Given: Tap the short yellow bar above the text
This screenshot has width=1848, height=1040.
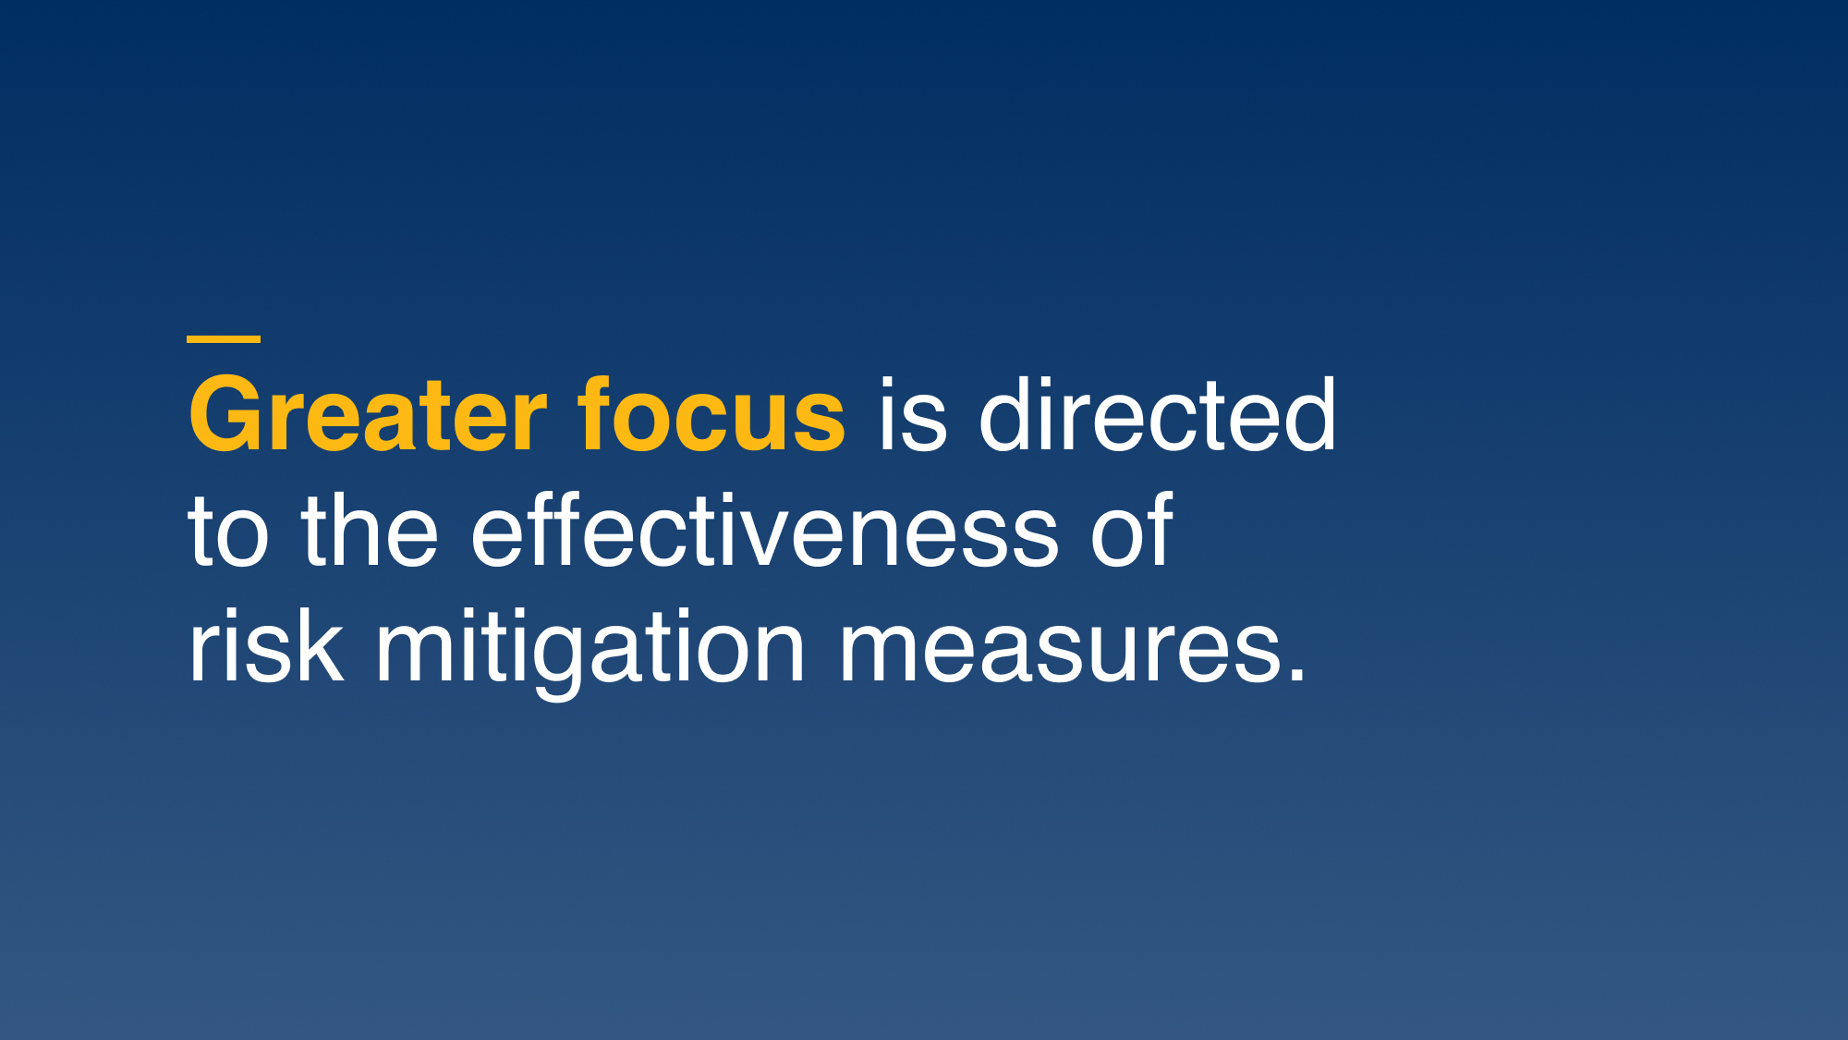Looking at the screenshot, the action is [224, 339].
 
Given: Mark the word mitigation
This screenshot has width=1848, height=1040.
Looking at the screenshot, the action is [590, 652].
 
